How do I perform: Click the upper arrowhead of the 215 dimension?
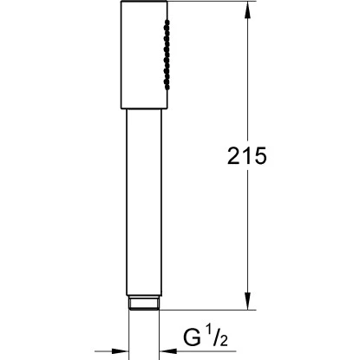click(x=251, y=13)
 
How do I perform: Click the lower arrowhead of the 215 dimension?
click(x=251, y=304)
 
